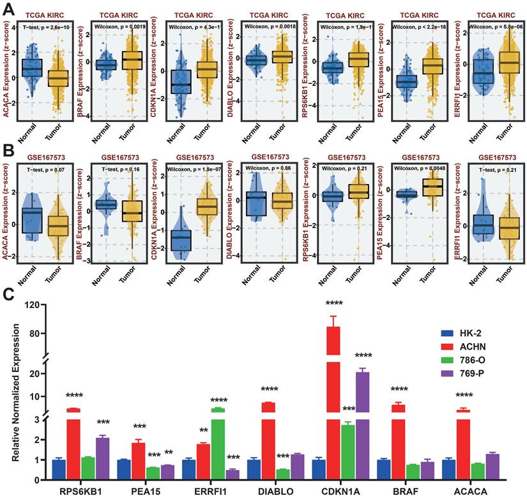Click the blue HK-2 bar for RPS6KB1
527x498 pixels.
59,470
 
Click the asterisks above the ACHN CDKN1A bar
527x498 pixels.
333,304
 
